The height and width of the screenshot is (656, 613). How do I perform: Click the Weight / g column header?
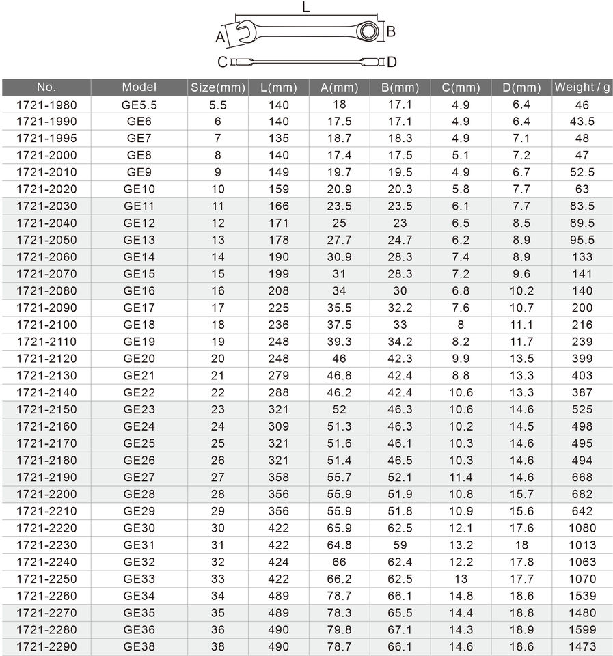582,87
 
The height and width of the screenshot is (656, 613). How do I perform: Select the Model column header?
139,87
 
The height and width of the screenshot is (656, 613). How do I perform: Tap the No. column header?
46,87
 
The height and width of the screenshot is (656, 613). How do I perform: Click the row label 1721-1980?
46,105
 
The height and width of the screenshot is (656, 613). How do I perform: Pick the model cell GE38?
139,646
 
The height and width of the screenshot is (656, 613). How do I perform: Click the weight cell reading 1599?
582,629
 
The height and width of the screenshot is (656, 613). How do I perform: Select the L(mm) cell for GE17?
279,307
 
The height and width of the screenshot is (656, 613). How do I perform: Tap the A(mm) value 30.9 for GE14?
340,257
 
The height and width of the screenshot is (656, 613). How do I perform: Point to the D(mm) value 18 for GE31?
521,545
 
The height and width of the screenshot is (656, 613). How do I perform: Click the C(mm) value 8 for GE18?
461,325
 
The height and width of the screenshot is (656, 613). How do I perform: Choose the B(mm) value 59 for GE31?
400,545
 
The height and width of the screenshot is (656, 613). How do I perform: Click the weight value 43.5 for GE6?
582,122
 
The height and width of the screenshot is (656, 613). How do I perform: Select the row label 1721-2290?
46,646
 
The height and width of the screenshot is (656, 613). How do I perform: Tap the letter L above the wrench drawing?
306,8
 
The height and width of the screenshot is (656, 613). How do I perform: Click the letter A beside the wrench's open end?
221,36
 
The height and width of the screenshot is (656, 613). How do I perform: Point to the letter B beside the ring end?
391,31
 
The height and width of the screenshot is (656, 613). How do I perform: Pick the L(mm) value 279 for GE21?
279,375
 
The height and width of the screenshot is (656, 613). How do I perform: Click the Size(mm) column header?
218,87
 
